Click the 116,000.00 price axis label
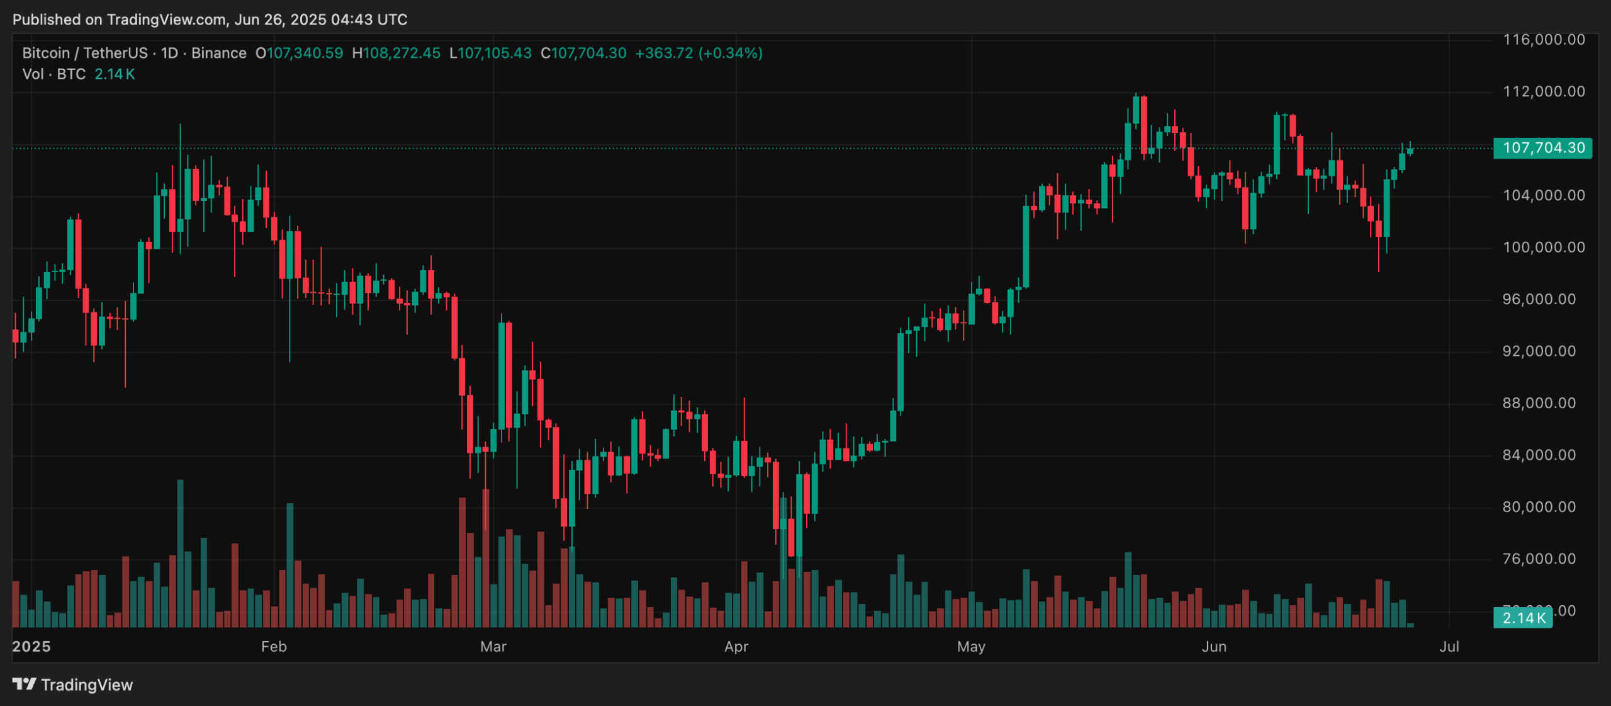point(1543,40)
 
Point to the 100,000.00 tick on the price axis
point(1543,248)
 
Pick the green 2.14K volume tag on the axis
point(1523,618)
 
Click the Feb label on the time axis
point(274,647)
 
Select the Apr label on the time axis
point(736,647)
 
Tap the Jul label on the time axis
point(1449,647)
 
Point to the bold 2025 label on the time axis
point(31,647)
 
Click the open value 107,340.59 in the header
point(305,54)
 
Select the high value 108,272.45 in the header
point(401,54)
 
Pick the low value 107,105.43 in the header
point(495,54)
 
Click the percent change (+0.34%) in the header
point(730,54)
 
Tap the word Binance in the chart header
point(218,54)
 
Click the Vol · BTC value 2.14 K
point(115,74)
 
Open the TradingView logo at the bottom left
point(72,685)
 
